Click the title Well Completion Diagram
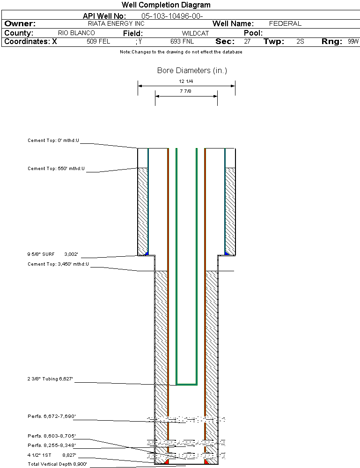click(x=166, y=5)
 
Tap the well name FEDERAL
click(x=285, y=23)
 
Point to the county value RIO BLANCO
click(x=76, y=33)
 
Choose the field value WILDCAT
click(x=195, y=33)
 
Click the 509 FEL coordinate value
click(x=98, y=42)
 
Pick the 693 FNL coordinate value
click(x=182, y=42)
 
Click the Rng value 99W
click(x=353, y=42)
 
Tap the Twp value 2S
click(x=300, y=42)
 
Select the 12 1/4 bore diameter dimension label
click(x=186, y=81)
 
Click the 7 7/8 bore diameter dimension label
click(x=186, y=91)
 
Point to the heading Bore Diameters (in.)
click(x=192, y=71)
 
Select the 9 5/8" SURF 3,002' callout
click(x=52, y=254)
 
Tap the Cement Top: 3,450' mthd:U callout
click(x=58, y=264)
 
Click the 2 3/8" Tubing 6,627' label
click(x=50, y=379)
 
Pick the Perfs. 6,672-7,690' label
click(x=51, y=416)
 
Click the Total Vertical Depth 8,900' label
click(x=57, y=464)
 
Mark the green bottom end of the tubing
click(x=186, y=384)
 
